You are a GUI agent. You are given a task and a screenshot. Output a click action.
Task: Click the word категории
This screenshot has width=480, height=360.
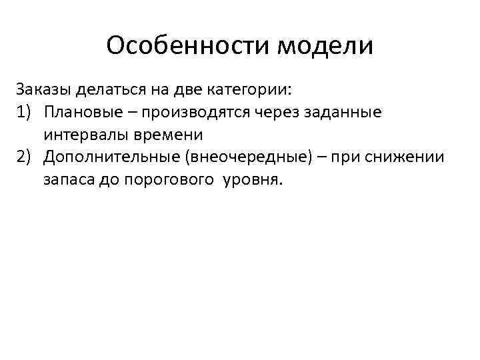(254, 89)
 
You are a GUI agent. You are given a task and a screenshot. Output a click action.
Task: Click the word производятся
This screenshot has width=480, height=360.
(197, 111)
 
